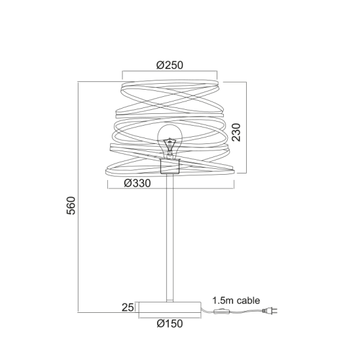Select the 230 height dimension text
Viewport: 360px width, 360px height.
(x=237, y=133)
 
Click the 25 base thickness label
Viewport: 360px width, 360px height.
(x=128, y=306)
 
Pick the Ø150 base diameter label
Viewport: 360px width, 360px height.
(x=170, y=323)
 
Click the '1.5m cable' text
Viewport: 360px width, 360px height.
(x=236, y=300)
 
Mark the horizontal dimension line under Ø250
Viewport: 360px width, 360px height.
(x=170, y=73)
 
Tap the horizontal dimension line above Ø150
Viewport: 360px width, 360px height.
(x=170, y=317)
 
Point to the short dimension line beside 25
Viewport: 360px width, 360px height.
(x=138, y=306)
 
